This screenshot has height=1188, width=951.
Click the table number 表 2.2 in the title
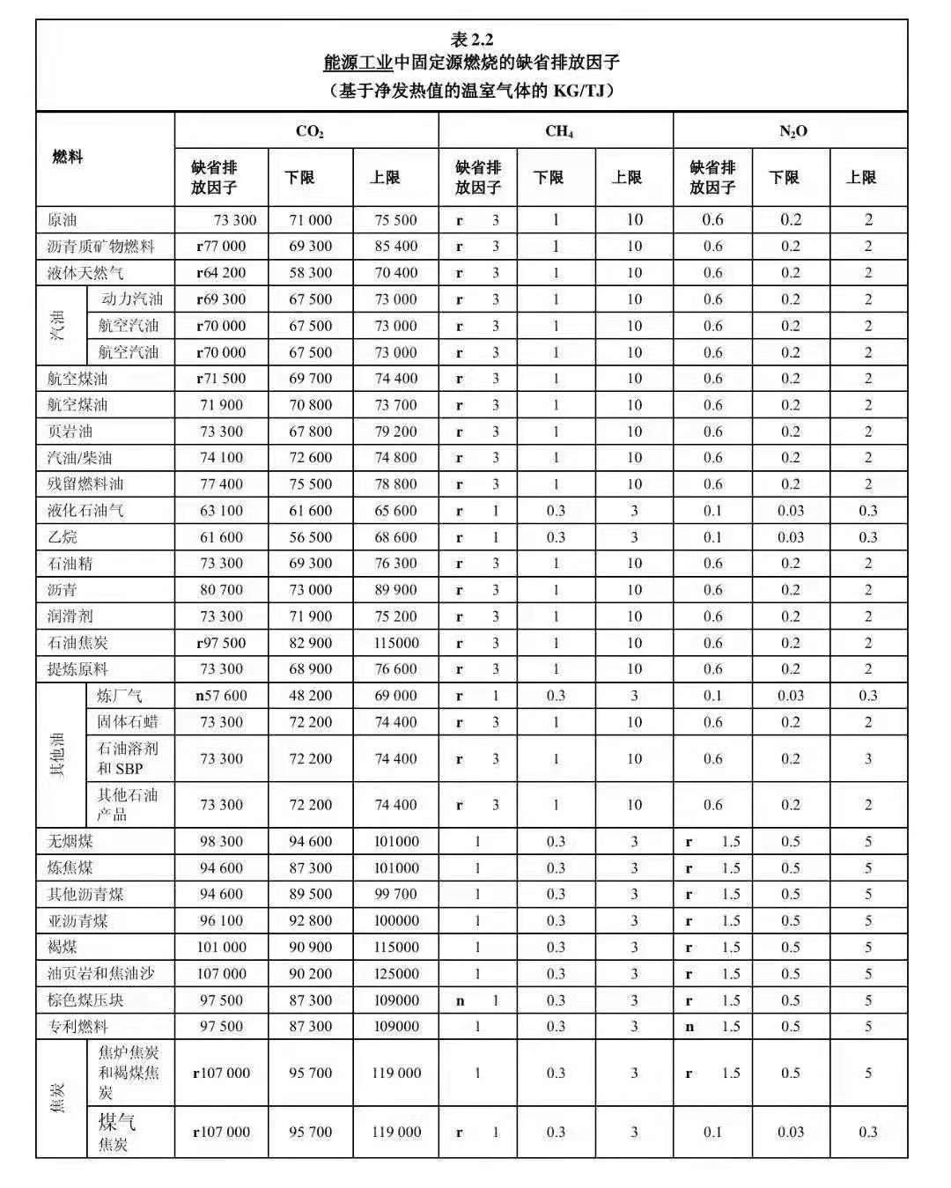472,40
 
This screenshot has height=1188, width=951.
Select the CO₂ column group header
309,131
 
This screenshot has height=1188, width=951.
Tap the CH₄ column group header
558,131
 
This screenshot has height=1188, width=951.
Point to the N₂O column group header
792,131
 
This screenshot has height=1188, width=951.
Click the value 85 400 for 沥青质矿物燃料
395,247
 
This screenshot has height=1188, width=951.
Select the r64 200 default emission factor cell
221,273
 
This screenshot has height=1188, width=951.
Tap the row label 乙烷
63,537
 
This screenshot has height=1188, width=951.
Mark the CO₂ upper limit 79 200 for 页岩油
395,432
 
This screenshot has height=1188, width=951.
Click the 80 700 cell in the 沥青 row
221,590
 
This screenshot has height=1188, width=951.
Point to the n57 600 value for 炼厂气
221,696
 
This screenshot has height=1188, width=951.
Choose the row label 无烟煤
70,842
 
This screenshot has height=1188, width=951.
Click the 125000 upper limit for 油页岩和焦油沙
396,974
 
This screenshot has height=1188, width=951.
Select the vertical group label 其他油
59,754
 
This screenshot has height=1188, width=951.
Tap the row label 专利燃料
77,1027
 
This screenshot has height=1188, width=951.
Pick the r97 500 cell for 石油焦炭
221,643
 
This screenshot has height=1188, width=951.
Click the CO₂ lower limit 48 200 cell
311,696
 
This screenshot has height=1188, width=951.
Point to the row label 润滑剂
70,616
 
